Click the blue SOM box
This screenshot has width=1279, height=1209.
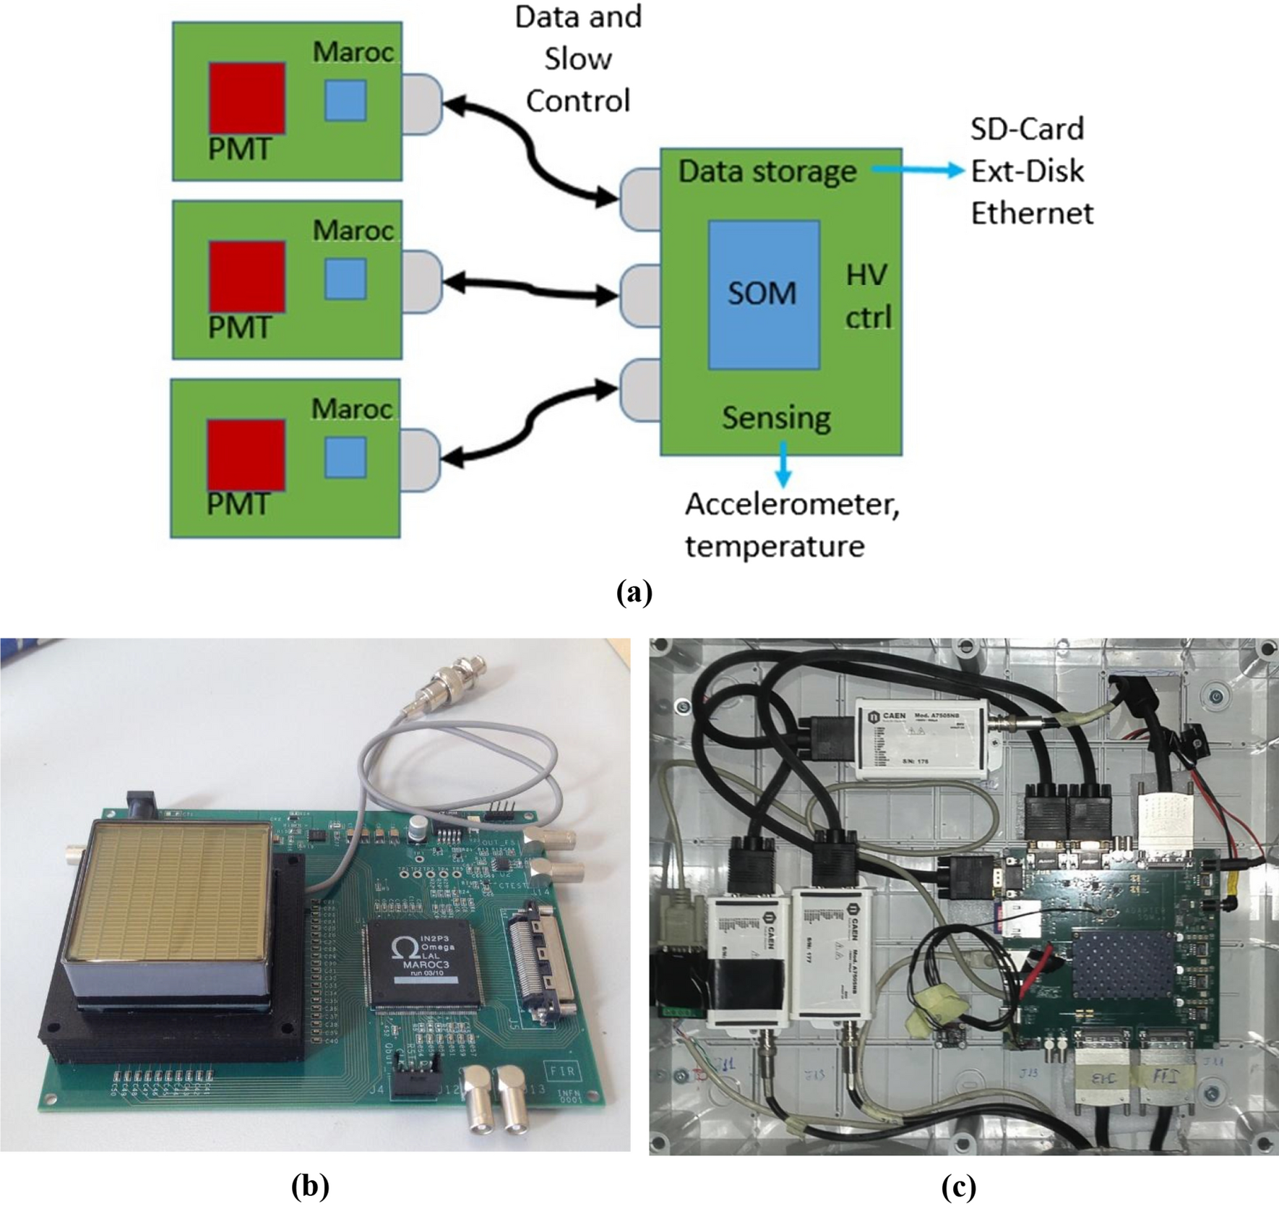click(x=764, y=295)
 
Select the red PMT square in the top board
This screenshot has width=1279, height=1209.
click(x=247, y=98)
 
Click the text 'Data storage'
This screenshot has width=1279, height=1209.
click(x=767, y=172)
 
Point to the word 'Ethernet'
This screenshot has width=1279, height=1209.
click(x=1031, y=213)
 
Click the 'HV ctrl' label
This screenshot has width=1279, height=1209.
click(x=868, y=296)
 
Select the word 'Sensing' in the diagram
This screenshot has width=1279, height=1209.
click(x=776, y=418)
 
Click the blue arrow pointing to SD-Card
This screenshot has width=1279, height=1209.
click(x=918, y=171)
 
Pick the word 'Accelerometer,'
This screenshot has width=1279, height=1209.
click(x=792, y=504)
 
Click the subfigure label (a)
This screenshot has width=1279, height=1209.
click(x=634, y=592)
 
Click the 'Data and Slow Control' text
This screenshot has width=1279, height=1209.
click(x=578, y=59)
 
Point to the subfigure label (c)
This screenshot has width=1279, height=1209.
click(x=958, y=1187)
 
